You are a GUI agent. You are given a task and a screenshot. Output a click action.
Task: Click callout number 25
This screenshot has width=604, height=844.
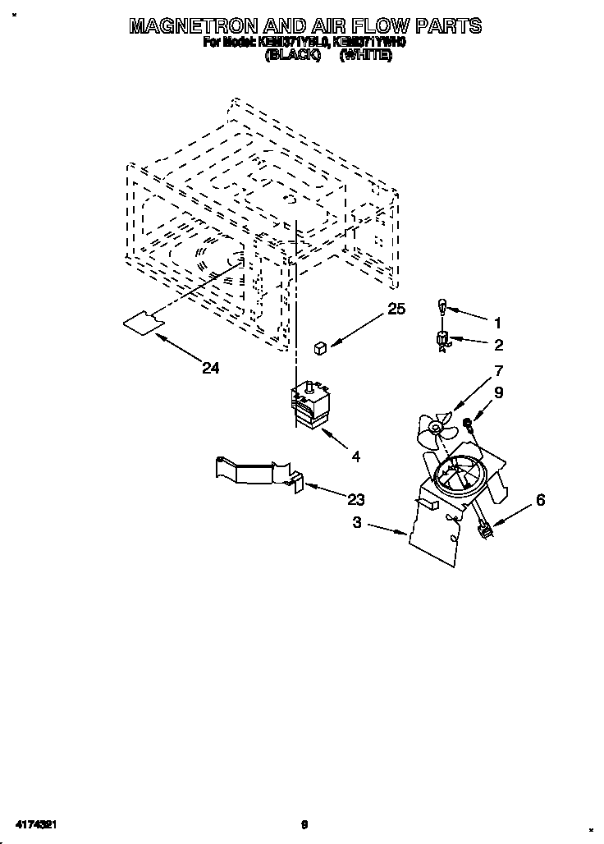(397, 309)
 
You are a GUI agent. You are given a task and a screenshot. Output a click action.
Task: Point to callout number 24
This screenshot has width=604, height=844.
(211, 369)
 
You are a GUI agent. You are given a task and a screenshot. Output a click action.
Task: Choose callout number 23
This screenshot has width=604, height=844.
(356, 499)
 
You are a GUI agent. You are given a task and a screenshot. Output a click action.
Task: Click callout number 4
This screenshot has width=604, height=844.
(356, 456)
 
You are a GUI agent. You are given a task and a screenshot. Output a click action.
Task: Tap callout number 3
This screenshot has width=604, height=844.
(356, 523)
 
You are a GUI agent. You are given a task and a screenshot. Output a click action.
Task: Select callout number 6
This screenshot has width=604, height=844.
(540, 499)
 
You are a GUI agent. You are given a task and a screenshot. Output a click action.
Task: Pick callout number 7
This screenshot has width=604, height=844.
(498, 370)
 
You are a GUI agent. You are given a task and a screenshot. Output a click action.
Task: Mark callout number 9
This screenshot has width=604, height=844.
(498, 393)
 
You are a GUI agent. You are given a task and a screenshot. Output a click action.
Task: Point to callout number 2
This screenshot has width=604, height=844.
(498, 345)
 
